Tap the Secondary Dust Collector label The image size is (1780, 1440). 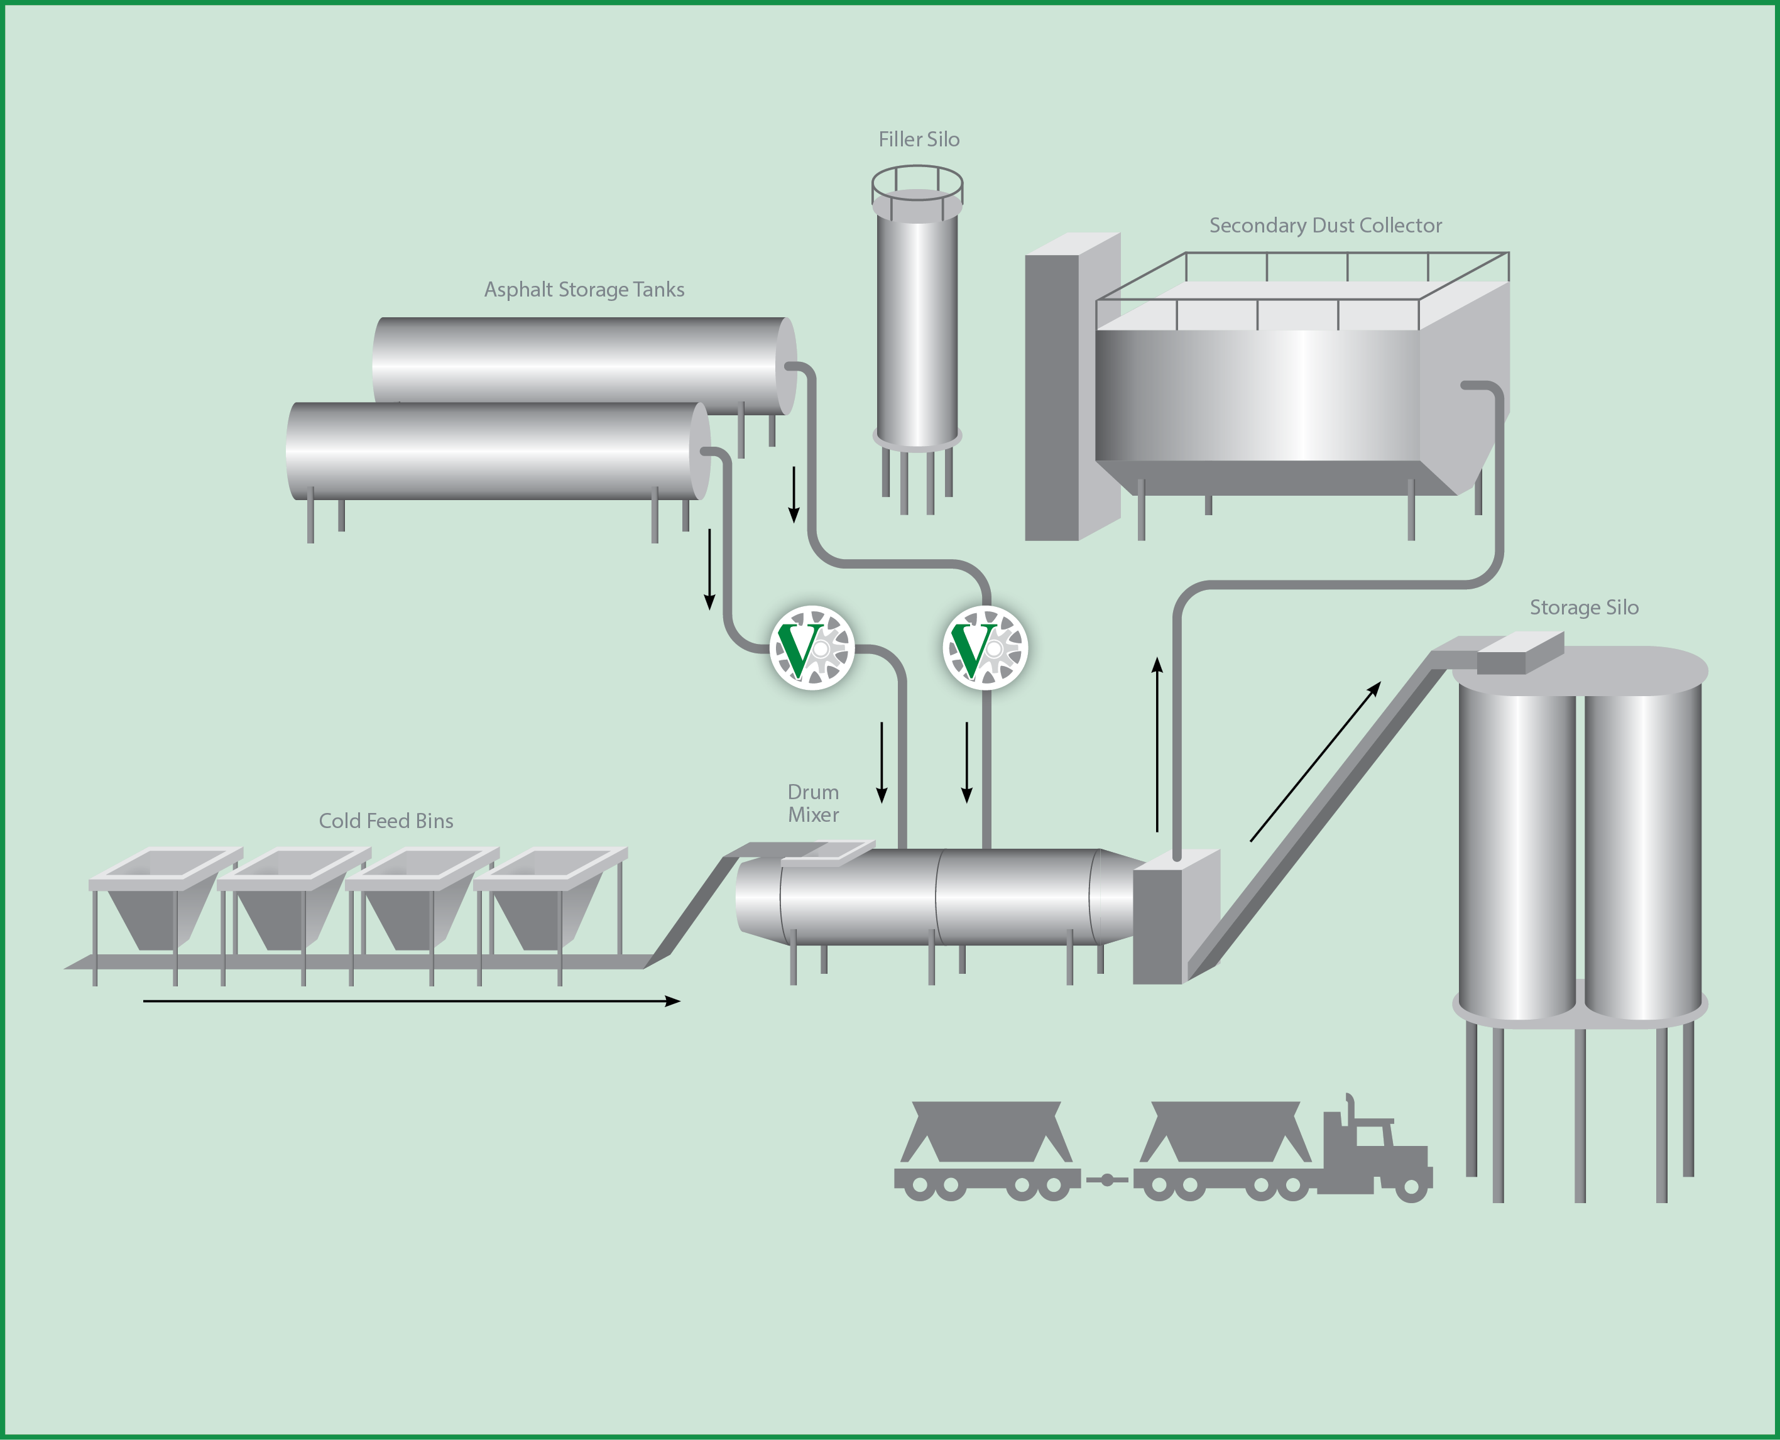point(1324,226)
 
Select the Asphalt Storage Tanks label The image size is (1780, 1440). point(584,290)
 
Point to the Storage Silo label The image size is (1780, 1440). point(1583,607)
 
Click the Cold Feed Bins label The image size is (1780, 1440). point(386,821)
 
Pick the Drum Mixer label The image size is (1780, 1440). point(813,803)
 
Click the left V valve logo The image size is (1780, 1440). point(812,648)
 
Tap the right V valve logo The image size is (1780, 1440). point(985,648)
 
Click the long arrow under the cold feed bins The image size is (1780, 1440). point(410,1001)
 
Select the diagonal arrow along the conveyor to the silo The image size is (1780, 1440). point(1314,761)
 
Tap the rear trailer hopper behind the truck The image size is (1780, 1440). point(985,1132)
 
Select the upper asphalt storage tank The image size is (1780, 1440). point(581,361)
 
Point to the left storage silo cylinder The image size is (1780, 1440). point(1516,854)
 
